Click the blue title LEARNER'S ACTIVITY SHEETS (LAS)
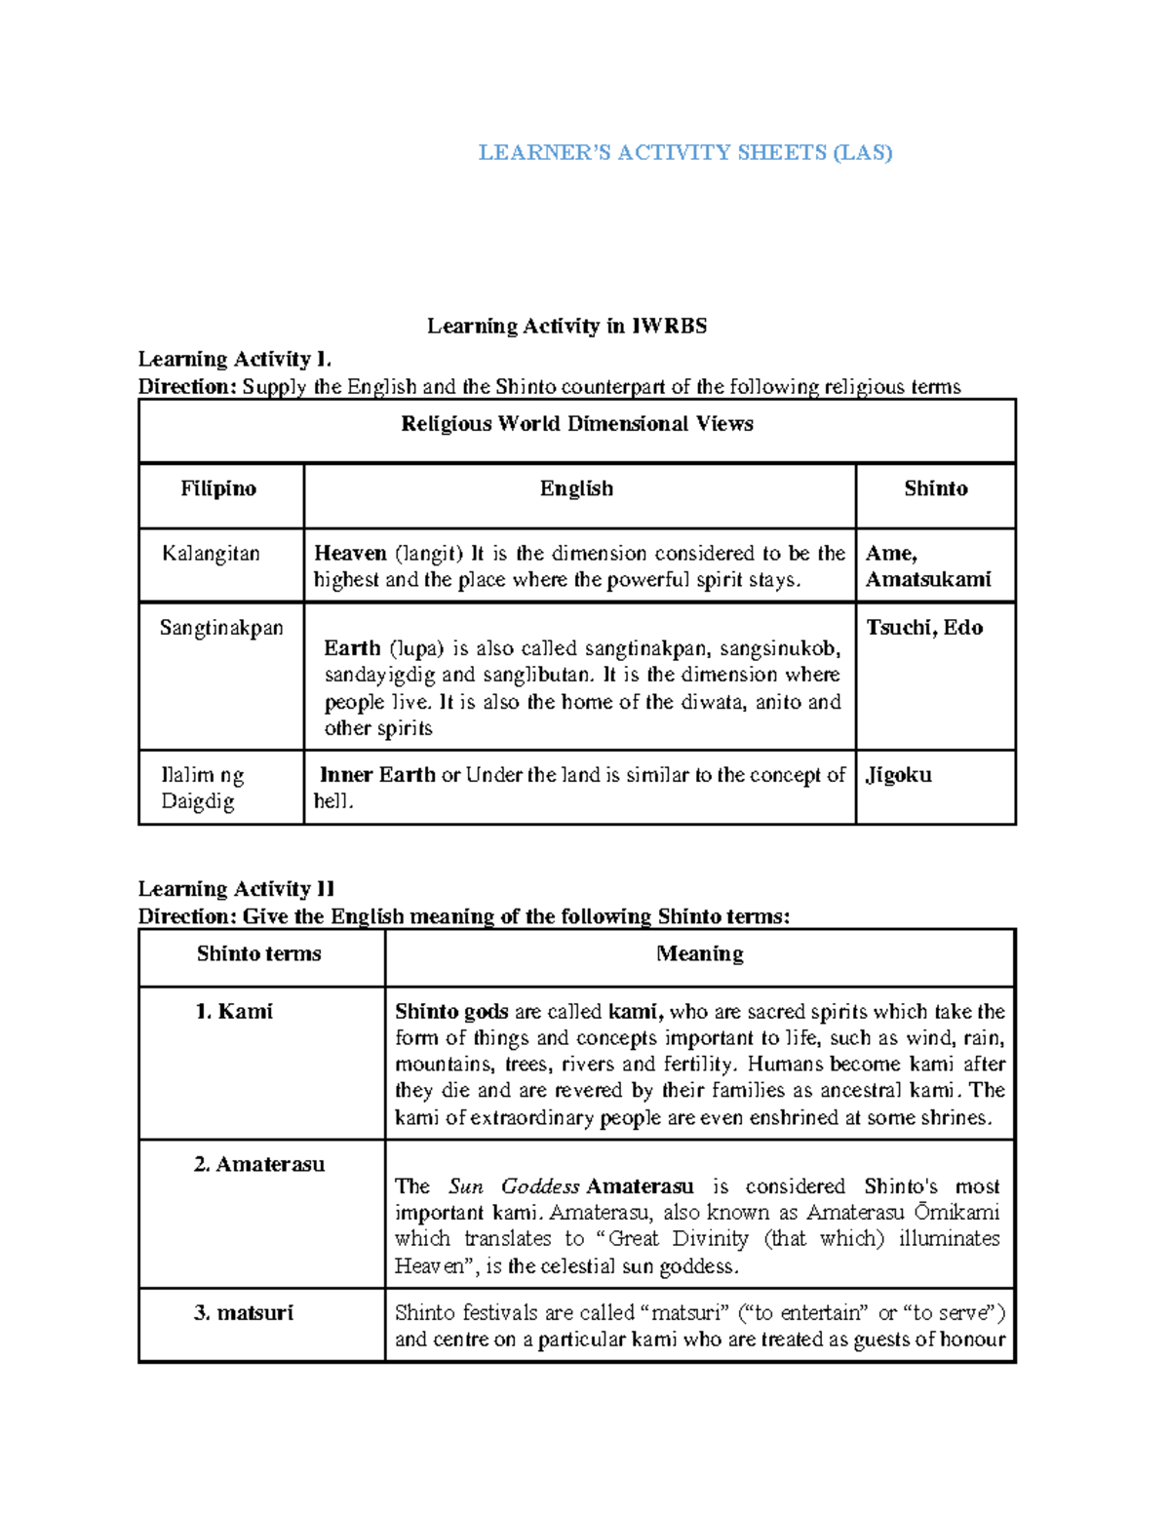(x=684, y=152)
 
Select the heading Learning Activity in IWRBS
(x=566, y=326)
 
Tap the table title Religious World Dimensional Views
(x=576, y=423)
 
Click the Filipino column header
(x=218, y=488)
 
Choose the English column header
(x=576, y=488)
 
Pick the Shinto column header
(x=935, y=488)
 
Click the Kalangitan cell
(x=211, y=554)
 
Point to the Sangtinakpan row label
(x=221, y=628)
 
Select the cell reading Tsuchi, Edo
(x=924, y=628)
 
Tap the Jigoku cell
(x=898, y=775)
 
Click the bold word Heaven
(x=350, y=554)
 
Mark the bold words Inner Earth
(x=377, y=775)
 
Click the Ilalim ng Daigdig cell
(x=202, y=788)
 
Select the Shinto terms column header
(x=258, y=953)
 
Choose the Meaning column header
(x=699, y=953)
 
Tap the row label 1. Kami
(x=234, y=1012)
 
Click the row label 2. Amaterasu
(x=259, y=1164)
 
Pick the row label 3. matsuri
(x=244, y=1313)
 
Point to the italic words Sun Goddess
(x=514, y=1186)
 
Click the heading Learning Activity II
(x=236, y=888)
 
